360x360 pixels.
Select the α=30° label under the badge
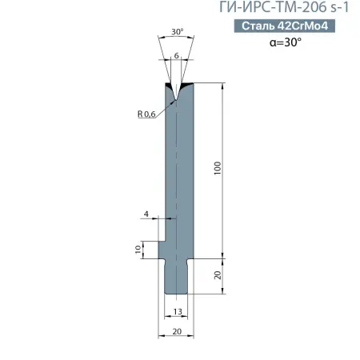286,43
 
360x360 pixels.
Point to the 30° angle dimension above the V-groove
177,33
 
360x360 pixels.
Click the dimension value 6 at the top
176,56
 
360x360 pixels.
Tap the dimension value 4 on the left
146,214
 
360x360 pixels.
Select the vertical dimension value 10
138,250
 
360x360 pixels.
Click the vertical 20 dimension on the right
218,276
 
